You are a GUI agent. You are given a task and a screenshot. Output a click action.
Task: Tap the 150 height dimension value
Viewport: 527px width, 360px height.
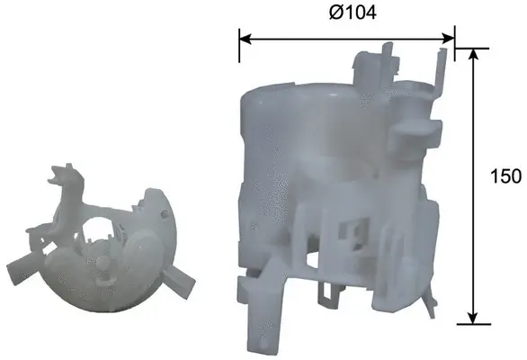point(507,175)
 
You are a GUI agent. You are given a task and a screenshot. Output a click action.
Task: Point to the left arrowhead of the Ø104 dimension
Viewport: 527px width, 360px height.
point(245,39)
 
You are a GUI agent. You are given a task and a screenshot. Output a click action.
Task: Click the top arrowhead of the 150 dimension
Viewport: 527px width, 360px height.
point(471,55)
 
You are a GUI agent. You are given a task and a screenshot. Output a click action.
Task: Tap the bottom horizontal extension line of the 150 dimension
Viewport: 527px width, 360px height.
point(471,322)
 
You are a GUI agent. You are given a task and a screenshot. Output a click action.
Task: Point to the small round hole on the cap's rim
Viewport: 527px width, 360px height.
point(162,215)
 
